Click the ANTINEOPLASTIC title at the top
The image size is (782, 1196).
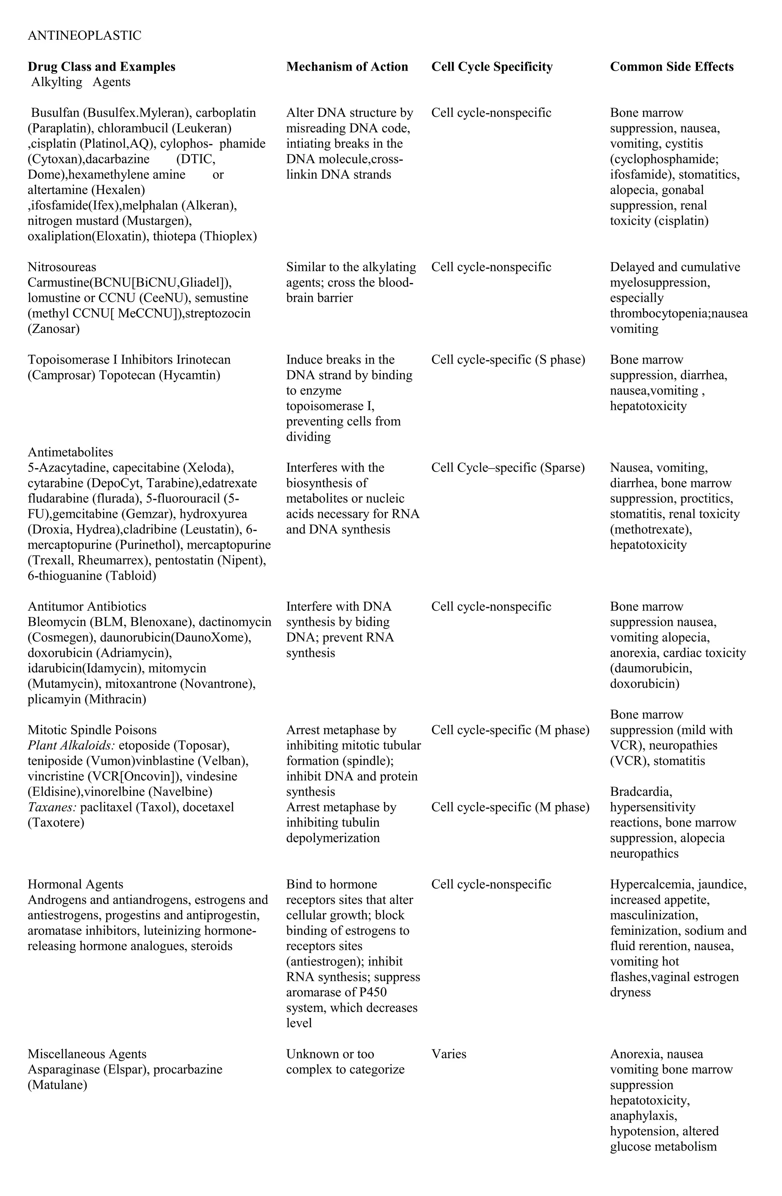[84, 36]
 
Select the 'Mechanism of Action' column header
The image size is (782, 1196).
[347, 67]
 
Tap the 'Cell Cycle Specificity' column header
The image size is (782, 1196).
[491, 67]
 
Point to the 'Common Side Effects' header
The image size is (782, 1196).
[671, 67]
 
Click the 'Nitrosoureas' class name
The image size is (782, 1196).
[62, 267]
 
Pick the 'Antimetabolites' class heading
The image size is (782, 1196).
[70, 452]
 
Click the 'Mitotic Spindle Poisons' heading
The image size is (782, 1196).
[92, 730]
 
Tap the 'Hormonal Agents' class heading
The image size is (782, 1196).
[75, 884]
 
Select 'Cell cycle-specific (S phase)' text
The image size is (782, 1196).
[507, 360]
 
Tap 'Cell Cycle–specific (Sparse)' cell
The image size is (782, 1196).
[507, 468]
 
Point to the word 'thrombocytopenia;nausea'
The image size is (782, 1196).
[679, 314]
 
